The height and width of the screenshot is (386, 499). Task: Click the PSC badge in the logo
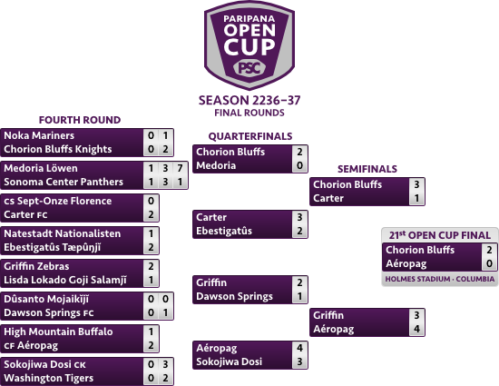click(249, 68)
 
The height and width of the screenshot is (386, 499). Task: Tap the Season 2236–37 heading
click(249, 100)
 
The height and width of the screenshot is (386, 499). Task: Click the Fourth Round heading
click(80, 120)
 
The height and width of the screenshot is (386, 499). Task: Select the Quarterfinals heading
click(250, 136)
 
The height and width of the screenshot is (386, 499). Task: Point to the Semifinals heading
click(367, 169)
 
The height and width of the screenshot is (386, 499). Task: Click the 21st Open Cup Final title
click(439, 235)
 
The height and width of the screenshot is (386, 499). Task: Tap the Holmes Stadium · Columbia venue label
click(440, 279)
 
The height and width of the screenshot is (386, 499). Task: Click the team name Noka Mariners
click(39, 135)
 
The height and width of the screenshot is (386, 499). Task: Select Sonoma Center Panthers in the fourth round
click(64, 182)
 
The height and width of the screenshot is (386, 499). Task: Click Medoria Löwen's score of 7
click(180, 168)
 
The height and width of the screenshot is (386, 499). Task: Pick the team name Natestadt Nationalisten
click(63, 233)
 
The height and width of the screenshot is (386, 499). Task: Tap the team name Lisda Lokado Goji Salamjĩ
click(65, 280)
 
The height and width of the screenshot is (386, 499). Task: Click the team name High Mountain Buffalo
click(58, 332)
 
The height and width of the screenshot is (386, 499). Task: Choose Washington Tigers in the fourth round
click(49, 378)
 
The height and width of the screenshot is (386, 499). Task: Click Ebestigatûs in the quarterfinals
click(224, 231)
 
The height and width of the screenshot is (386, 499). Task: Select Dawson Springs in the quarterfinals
click(235, 296)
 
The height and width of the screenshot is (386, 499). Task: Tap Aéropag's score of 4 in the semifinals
click(416, 329)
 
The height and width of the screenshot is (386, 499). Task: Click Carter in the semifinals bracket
click(328, 198)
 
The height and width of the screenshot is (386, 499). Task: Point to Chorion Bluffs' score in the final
click(489, 250)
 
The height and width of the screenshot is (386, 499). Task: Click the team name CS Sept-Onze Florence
click(57, 201)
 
